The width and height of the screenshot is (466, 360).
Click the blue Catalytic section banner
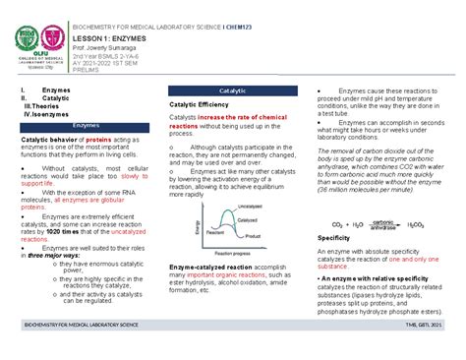(x=232, y=90)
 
